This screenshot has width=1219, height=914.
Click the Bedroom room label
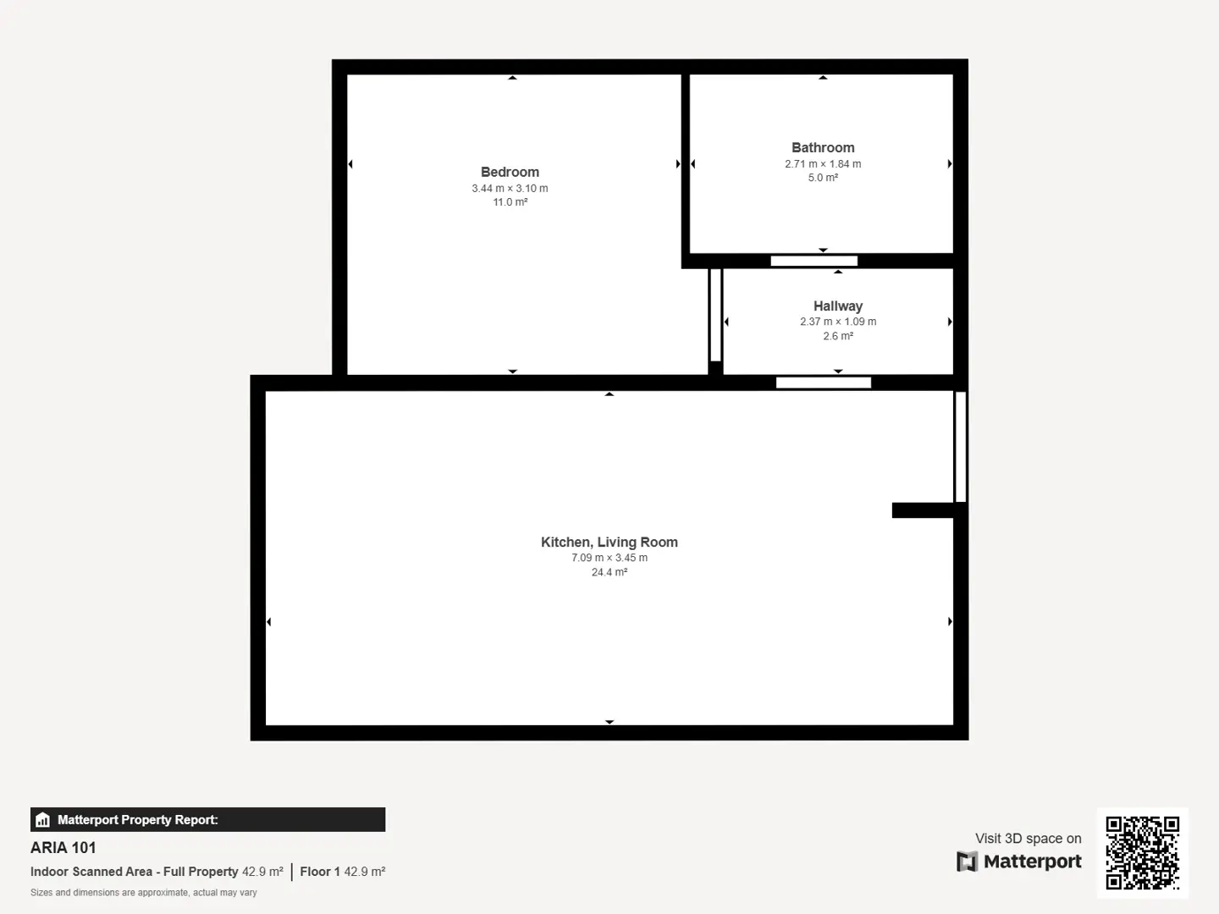coord(510,172)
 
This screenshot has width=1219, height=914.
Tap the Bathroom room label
coord(823,147)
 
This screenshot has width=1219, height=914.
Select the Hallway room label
coord(837,306)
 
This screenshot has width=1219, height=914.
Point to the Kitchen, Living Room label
coord(609,542)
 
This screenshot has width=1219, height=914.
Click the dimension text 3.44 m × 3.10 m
coord(510,188)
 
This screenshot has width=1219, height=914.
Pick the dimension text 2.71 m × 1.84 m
coord(823,163)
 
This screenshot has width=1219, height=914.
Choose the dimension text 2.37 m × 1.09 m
coord(837,322)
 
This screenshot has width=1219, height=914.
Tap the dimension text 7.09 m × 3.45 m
coord(609,558)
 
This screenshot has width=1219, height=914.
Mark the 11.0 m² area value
coord(510,202)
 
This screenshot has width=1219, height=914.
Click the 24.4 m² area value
coord(609,572)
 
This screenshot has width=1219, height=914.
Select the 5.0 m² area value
coord(823,178)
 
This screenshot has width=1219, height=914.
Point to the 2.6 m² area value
coord(837,336)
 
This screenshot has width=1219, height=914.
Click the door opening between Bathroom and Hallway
coord(814,261)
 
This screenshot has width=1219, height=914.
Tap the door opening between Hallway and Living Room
coord(823,383)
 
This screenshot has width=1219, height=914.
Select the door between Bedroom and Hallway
coord(715,315)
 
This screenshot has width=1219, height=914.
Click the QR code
coord(1142,853)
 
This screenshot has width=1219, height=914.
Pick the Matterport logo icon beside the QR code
coord(967,862)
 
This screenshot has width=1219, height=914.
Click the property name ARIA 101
coord(63,848)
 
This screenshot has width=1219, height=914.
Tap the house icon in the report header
coord(43,820)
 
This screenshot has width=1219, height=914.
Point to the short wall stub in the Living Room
coord(923,510)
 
